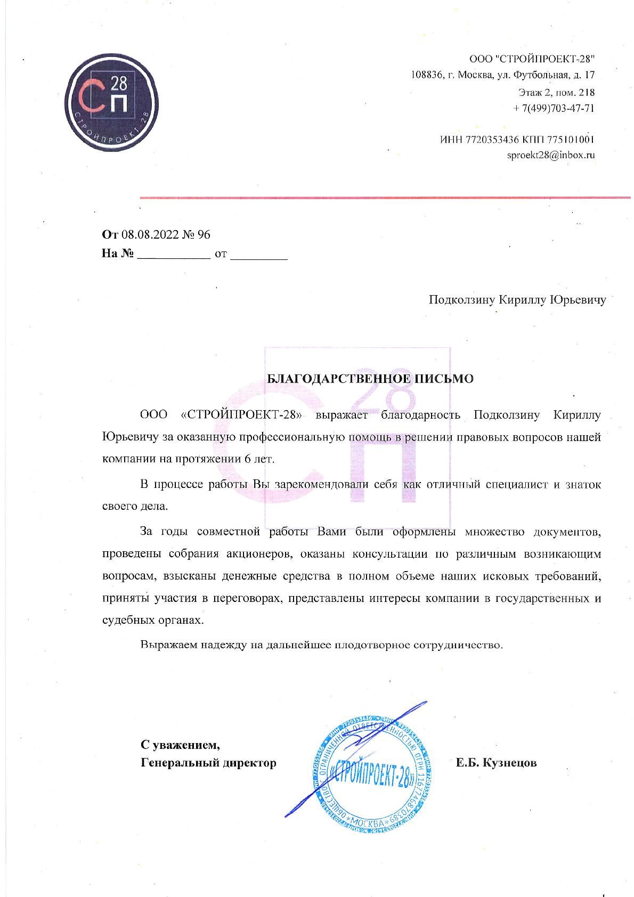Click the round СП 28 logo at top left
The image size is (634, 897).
pos(111,103)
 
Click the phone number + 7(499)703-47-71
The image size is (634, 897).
pos(554,108)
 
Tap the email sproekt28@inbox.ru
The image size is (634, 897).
pos(550,156)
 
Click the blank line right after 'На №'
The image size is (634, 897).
pos(173,256)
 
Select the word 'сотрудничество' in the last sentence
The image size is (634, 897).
pos(458,645)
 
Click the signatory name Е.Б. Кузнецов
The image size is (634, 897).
pos(496,763)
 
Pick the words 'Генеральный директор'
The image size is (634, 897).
pos(208,763)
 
